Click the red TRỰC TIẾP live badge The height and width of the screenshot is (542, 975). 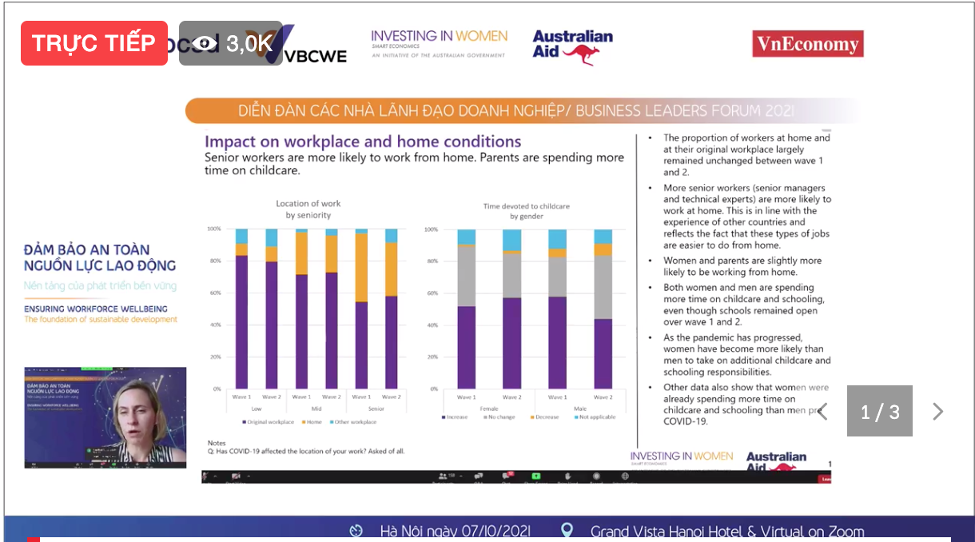coord(94,43)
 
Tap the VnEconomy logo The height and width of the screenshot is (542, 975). coord(807,44)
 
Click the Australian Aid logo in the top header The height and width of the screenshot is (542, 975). coord(572,46)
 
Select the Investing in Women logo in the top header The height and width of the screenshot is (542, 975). coord(439,43)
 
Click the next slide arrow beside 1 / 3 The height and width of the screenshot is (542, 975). coord(938,412)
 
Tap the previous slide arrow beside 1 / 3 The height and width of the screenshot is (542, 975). coord(822,412)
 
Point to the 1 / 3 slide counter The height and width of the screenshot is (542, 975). coord(879,412)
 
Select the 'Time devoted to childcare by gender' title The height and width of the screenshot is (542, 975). coord(526,211)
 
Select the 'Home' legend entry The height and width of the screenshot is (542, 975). coord(313,422)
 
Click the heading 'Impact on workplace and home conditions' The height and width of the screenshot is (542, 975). coord(363,141)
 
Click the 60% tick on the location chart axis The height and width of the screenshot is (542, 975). coord(213,293)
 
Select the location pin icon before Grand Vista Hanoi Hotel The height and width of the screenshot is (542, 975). coord(567,531)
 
